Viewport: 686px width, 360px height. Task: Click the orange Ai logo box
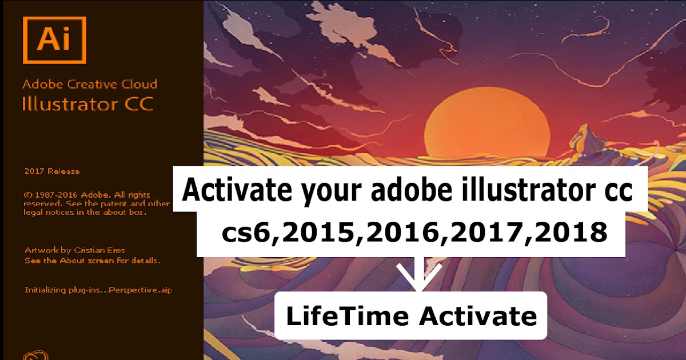point(54,40)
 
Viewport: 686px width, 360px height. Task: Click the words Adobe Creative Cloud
point(89,84)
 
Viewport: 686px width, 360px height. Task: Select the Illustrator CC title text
point(87,105)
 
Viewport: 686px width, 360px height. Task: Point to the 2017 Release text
point(52,171)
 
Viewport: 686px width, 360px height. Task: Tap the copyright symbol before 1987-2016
point(27,194)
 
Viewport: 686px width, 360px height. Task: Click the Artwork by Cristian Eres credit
point(75,250)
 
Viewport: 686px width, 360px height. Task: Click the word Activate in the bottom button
point(477,316)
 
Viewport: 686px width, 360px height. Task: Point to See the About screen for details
point(92,260)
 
